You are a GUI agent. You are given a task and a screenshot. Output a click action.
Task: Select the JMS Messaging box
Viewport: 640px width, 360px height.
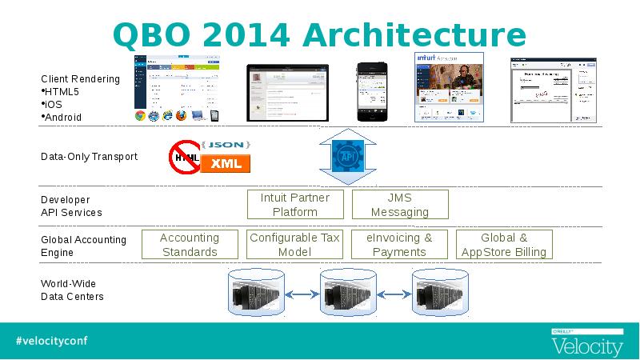coord(400,205)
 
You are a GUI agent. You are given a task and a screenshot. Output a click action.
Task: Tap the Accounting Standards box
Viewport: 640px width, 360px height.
coord(190,245)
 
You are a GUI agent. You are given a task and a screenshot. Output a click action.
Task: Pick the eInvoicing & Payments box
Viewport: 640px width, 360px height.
coord(399,245)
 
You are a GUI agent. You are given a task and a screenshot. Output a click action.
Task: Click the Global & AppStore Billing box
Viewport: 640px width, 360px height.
coord(504,245)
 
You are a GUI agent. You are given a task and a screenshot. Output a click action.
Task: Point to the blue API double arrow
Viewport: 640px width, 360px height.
coord(347,155)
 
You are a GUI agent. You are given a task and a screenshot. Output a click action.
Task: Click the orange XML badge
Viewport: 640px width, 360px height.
coord(226,164)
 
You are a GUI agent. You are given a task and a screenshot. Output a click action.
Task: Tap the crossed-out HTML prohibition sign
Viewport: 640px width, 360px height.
coord(185,157)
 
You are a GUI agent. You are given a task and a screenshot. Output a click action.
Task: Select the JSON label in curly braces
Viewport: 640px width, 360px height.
coord(226,145)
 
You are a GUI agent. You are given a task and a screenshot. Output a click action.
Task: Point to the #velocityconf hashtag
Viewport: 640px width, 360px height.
coord(51,340)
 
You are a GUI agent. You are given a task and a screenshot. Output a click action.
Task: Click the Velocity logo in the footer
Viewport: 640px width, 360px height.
coord(587,344)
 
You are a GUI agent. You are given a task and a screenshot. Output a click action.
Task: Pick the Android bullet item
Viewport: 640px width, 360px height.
coord(63,118)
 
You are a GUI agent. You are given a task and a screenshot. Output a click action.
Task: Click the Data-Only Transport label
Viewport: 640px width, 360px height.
coord(89,157)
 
